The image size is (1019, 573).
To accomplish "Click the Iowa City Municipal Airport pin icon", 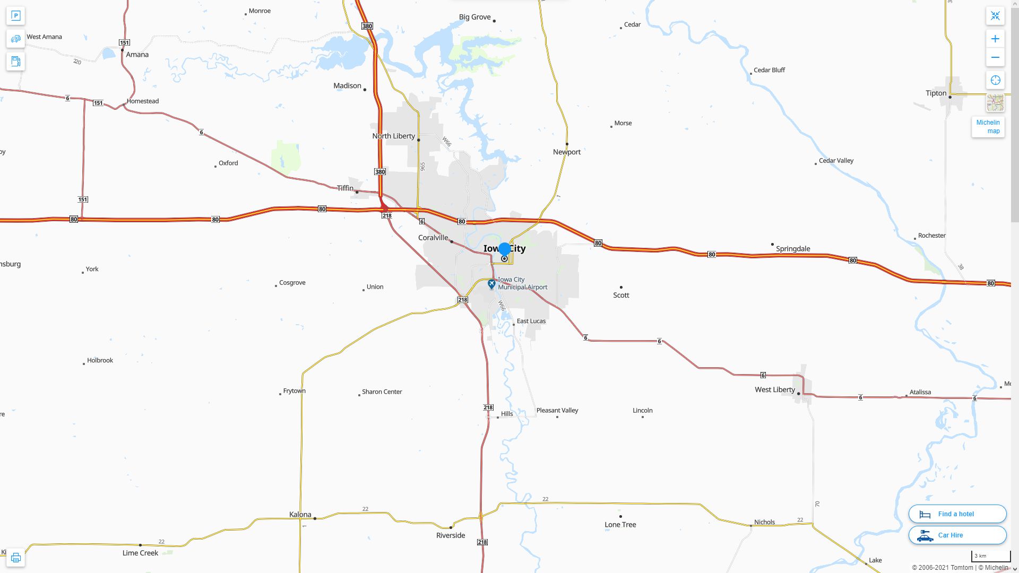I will (491, 284).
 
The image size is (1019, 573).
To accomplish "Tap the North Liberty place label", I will (393, 136).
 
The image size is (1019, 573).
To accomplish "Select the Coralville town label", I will (433, 238).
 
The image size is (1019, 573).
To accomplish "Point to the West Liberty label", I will (774, 390).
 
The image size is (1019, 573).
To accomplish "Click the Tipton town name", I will (936, 93).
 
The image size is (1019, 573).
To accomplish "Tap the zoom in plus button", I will (995, 39).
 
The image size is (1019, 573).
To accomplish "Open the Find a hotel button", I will (957, 514).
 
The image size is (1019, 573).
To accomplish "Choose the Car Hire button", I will (957, 535).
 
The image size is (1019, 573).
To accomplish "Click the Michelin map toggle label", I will (988, 127).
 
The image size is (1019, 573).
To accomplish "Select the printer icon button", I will (16, 558).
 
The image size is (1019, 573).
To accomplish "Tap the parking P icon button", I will (16, 16).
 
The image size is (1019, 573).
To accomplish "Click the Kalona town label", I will (300, 515).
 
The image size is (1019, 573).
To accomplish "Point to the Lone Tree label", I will (620, 525).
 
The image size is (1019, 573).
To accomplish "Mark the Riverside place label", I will (451, 535).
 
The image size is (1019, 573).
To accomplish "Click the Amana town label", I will (137, 55).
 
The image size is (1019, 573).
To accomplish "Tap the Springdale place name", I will (793, 249).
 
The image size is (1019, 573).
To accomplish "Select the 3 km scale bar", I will (990, 557).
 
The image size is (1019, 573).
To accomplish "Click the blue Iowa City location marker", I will (504, 249).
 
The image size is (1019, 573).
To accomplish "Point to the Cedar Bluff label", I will (769, 70).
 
